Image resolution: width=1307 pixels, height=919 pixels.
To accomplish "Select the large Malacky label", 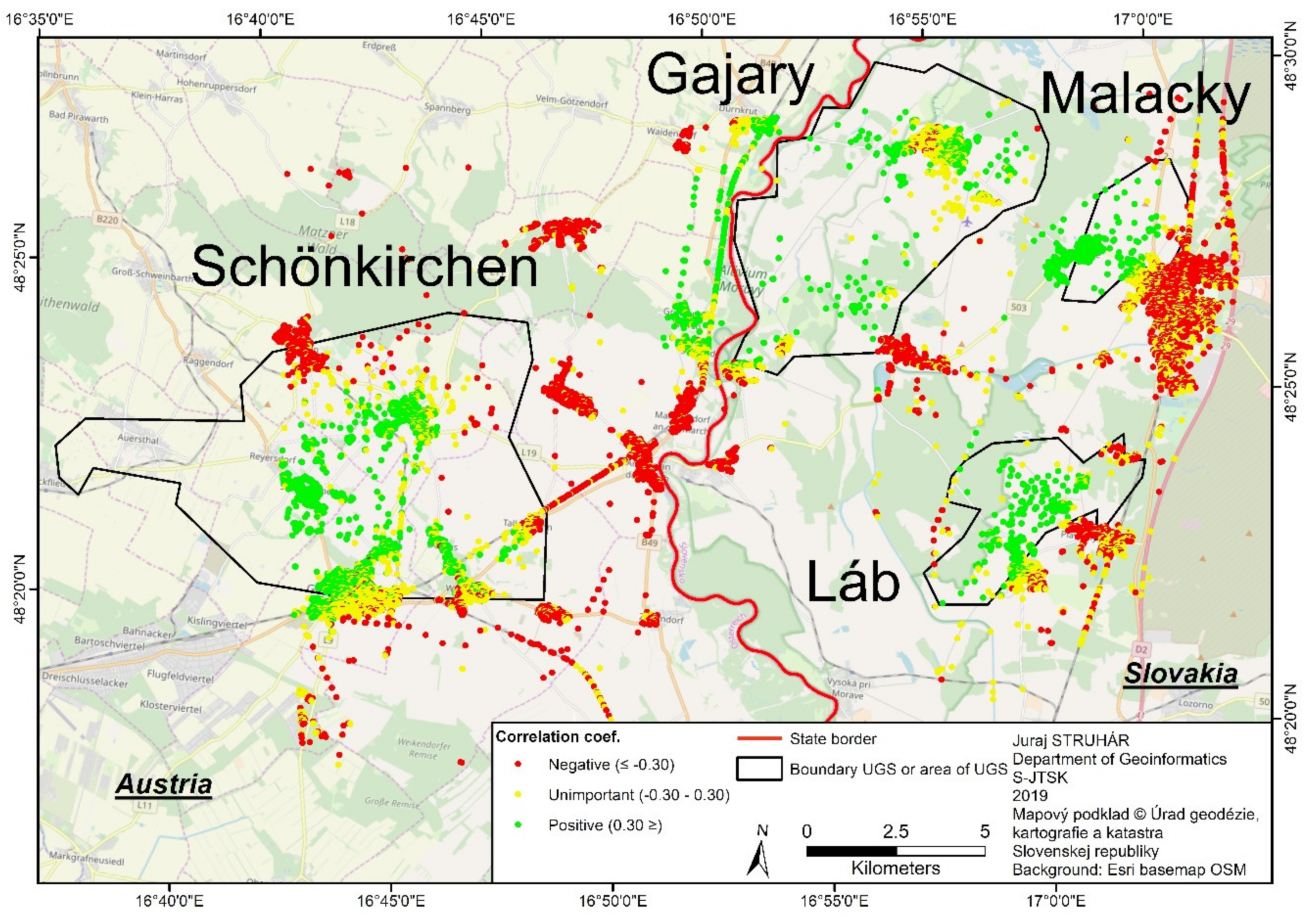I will click(x=1145, y=95).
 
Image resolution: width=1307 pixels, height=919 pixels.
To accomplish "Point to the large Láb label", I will click(x=853, y=581).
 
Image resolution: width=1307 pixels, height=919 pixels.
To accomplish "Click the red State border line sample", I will click(x=759, y=739).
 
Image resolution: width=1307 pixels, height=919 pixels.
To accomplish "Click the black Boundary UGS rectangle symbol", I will click(x=759, y=768).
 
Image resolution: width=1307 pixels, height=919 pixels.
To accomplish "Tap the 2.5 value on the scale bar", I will click(x=895, y=832).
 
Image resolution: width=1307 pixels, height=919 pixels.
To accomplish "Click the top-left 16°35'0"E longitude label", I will click(x=40, y=19).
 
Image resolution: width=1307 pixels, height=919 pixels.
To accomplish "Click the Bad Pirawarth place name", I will click(x=78, y=117).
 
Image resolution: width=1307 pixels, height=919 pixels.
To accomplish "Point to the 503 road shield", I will click(x=1019, y=308).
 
